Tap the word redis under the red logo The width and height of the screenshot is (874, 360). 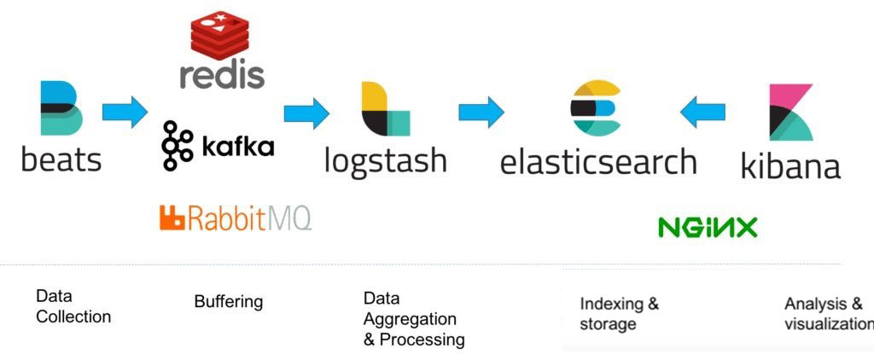[222, 74]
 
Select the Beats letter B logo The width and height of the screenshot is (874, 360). [61, 107]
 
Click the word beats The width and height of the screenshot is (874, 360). [61, 159]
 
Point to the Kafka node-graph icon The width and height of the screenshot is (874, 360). [178, 146]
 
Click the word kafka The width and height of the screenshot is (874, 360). [238, 147]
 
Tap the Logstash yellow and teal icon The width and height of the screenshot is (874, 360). [385, 109]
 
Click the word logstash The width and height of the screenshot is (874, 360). [386, 160]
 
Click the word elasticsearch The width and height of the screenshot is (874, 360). [598, 161]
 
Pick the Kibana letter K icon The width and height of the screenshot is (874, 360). [790, 112]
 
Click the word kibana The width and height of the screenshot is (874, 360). [790, 165]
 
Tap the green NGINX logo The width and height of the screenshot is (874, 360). [708, 227]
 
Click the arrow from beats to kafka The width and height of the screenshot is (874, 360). [125, 113]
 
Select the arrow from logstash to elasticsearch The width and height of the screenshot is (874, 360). [481, 112]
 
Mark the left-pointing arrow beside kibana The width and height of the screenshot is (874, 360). [702, 112]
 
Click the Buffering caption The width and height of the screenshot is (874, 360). [228, 302]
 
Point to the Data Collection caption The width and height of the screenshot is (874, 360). [73, 306]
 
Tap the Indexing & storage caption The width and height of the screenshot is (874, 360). [620, 314]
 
